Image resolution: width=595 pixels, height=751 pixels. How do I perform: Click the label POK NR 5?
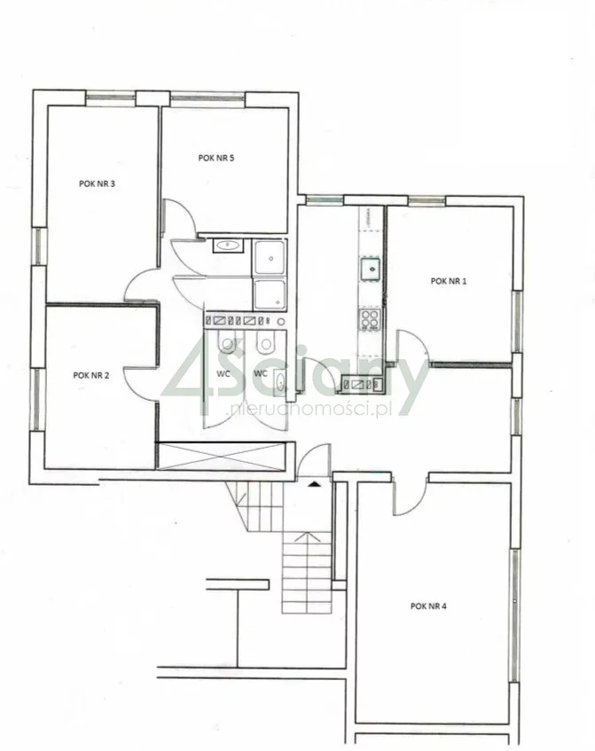[x=216, y=158]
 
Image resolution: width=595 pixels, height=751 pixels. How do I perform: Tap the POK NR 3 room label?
[x=97, y=184]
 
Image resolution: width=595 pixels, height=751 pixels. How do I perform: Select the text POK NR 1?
[x=449, y=281]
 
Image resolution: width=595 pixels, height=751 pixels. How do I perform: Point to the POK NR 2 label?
[x=91, y=375]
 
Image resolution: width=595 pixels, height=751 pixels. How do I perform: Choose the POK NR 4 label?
[x=428, y=606]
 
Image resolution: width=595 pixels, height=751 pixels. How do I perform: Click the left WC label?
[x=223, y=373]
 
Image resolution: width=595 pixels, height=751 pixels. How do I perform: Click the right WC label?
[x=261, y=373]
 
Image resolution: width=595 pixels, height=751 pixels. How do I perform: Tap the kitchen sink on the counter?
[x=371, y=269]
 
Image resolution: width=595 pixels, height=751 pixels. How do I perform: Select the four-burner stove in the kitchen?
[x=371, y=320]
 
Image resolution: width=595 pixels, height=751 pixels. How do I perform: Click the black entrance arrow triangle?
[x=314, y=484]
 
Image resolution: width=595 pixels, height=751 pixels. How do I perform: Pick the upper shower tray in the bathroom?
[x=270, y=258]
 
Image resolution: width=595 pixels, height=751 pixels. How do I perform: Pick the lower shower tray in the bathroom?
[x=270, y=294]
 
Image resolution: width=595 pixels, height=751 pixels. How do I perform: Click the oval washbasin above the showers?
[x=228, y=246]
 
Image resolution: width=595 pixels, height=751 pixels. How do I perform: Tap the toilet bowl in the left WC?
[x=226, y=341]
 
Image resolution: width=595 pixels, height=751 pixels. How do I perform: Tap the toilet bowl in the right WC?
[x=264, y=341]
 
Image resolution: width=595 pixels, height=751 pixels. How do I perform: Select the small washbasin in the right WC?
[x=280, y=382]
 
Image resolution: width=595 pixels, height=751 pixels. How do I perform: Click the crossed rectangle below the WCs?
[x=222, y=456]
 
